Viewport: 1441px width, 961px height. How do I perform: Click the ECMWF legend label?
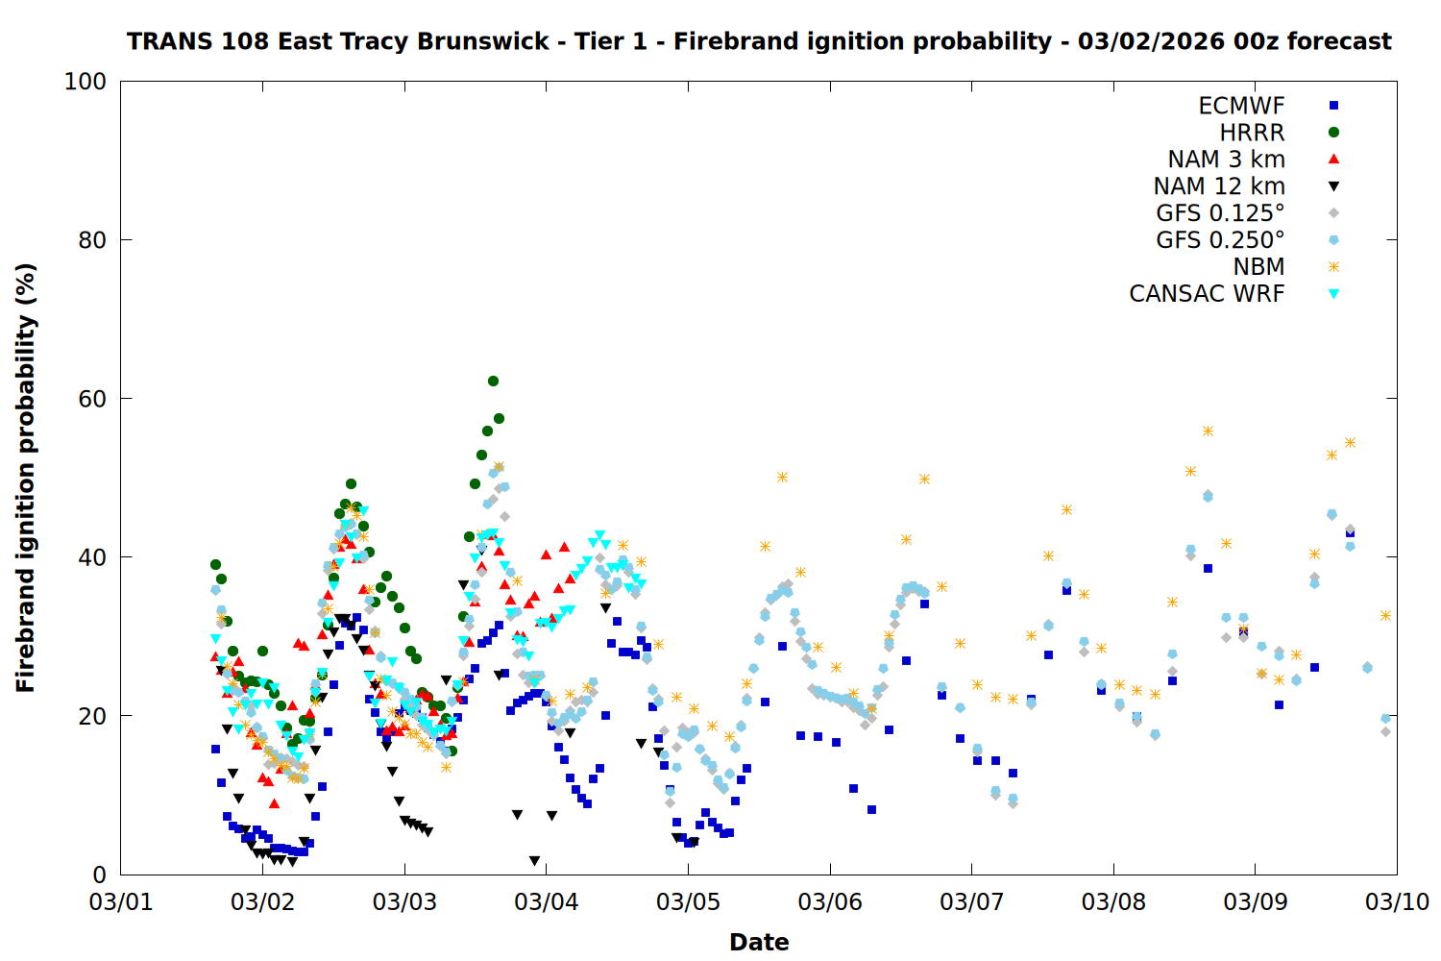click(x=1241, y=106)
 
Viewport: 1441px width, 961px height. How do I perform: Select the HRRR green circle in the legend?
click(x=1333, y=133)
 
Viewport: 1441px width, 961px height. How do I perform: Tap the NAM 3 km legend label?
click(x=1226, y=160)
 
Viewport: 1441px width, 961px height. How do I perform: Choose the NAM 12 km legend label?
click(x=1219, y=186)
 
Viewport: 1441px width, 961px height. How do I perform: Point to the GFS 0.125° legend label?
click(x=1220, y=213)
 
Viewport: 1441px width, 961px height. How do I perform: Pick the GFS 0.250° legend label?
click(x=1220, y=240)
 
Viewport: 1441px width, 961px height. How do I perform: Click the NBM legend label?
click(x=1258, y=267)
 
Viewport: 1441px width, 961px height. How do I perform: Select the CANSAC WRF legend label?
click(x=1207, y=294)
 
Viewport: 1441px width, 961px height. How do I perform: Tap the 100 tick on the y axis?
click(x=85, y=82)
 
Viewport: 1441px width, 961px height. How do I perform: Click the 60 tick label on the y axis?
click(x=92, y=399)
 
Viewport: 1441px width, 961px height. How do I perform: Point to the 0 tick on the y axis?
click(x=99, y=875)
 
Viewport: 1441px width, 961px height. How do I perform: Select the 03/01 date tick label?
click(x=121, y=902)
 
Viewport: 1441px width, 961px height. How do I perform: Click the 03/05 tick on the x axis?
click(x=688, y=902)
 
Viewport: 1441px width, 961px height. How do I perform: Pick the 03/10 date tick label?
click(x=1397, y=902)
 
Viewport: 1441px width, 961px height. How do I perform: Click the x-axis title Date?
click(x=759, y=943)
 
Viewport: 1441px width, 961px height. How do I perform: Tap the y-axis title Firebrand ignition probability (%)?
click(x=26, y=478)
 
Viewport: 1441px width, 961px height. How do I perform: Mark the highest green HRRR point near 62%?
click(x=493, y=381)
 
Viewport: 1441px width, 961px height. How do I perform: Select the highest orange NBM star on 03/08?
click(x=1208, y=431)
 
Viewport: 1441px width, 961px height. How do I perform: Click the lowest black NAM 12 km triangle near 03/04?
click(x=534, y=861)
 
